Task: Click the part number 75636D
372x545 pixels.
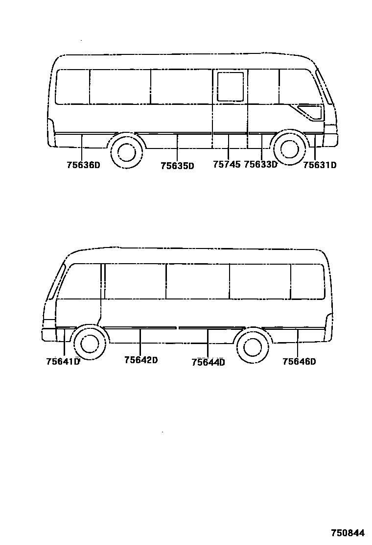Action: tap(83, 165)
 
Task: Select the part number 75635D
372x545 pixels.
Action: tap(177, 166)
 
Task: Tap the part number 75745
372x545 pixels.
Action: tap(227, 165)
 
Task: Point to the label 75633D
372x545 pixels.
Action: tap(260, 165)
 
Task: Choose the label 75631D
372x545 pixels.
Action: tap(320, 165)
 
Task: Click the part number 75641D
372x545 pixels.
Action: tap(63, 362)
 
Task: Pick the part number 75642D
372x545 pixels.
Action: tap(141, 360)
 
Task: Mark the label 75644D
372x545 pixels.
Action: tap(208, 362)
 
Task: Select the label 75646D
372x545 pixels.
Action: tap(299, 362)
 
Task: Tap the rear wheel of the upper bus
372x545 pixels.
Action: tap(126, 151)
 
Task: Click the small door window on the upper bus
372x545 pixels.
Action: tap(230, 87)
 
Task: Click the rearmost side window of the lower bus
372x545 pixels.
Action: tap(307, 281)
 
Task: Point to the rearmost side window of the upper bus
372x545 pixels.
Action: tap(72, 87)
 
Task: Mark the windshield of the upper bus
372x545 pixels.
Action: tap(325, 87)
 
